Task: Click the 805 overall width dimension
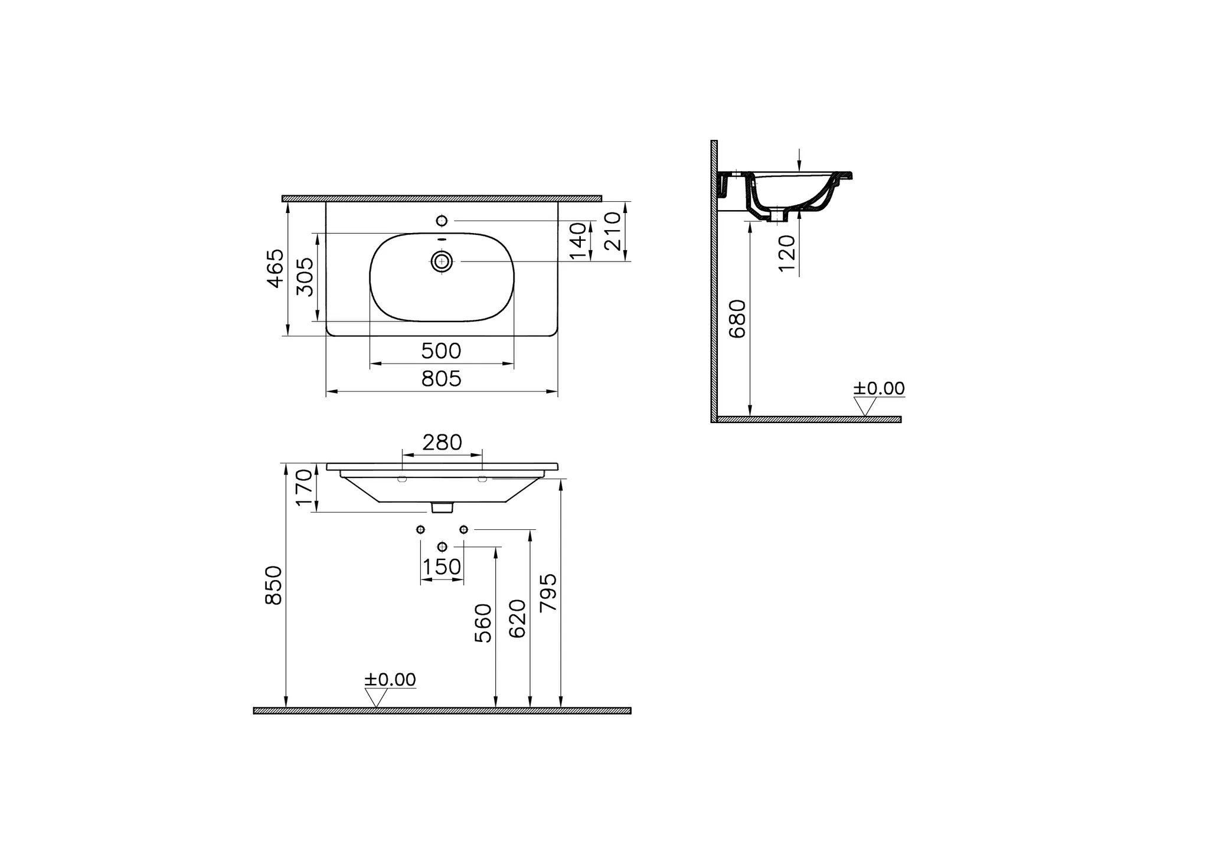[441, 379]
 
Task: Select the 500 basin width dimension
[441, 351]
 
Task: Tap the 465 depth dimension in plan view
[275, 268]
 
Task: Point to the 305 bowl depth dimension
[305, 277]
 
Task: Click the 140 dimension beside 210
[579, 240]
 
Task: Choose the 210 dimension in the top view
[613, 231]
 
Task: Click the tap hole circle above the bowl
[442, 221]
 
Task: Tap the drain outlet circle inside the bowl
[442, 261]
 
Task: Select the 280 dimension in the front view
[442, 442]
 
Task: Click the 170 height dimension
[303, 487]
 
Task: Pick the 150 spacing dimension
[442, 567]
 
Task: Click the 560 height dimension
[483, 623]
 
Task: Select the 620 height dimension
[517, 618]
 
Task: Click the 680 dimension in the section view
[737, 319]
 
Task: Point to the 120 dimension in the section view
[787, 253]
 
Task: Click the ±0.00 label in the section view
[878, 388]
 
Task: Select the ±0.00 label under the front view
[390, 680]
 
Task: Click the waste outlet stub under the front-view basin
[442, 507]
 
